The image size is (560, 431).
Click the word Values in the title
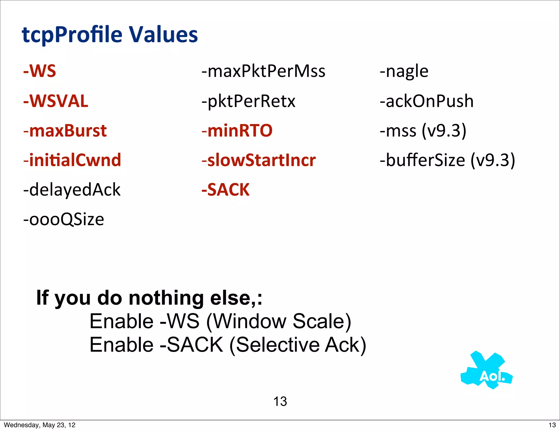point(163,35)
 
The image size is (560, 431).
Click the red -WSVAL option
point(56,101)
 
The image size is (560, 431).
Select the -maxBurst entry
point(65,131)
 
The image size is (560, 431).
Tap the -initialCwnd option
point(72,160)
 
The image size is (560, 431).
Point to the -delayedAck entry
point(72,190)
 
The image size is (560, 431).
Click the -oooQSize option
point(64,219)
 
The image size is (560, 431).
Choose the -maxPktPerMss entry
point(263,71)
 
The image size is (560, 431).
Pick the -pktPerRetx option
point(248,101)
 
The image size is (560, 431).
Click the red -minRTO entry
point(237,131)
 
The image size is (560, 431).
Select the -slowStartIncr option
point(259,160)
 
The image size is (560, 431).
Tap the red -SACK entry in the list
point(226,190)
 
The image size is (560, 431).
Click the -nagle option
point(404,71)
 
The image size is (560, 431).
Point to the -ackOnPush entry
point(427,101)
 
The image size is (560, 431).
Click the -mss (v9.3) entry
point(423,131)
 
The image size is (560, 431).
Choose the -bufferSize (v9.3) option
point(447,160)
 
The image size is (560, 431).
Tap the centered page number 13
point(280,401)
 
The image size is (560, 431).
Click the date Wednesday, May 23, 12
point(40,425)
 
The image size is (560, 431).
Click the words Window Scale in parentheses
point(279,321)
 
